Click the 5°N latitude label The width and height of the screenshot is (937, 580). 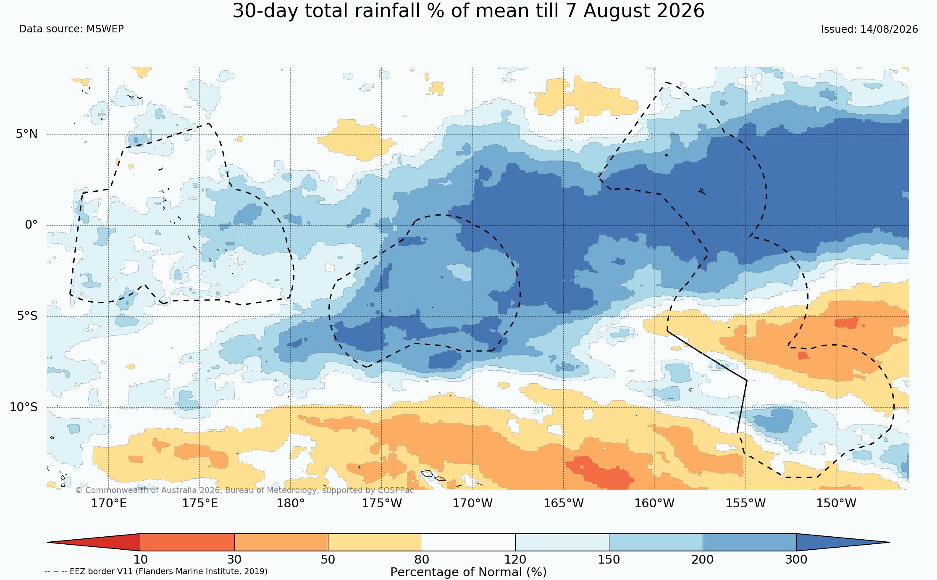[x=27, y=134]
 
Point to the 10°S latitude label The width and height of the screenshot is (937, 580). [x=24, y=407]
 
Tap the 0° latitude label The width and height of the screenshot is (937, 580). [x=31, y=225]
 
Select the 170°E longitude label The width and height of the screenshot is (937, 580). [x=109, y=503]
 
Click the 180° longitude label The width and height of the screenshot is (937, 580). [x=290, y=503]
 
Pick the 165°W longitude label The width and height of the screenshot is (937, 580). [x=564, y=503]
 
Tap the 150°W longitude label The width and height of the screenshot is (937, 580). [x=836, y=503]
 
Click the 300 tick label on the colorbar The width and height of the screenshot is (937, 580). [x=796, y=560]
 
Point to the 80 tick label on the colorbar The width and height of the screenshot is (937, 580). [x=422, y=560]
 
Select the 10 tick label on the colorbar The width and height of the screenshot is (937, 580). [x=141, y=560]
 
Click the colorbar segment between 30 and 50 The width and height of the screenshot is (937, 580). [x=281, y=542]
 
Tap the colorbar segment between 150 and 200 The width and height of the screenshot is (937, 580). [x=656, y=542]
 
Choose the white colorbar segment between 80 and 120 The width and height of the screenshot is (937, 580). [x=468, y=542]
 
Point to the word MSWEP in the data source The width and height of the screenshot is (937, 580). [x=105, y=29]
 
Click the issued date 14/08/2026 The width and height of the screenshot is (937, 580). [x=889, y=29]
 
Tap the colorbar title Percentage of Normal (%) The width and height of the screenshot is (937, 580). [x=468, y=572]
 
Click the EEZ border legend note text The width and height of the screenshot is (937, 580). [x=156, y=572]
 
